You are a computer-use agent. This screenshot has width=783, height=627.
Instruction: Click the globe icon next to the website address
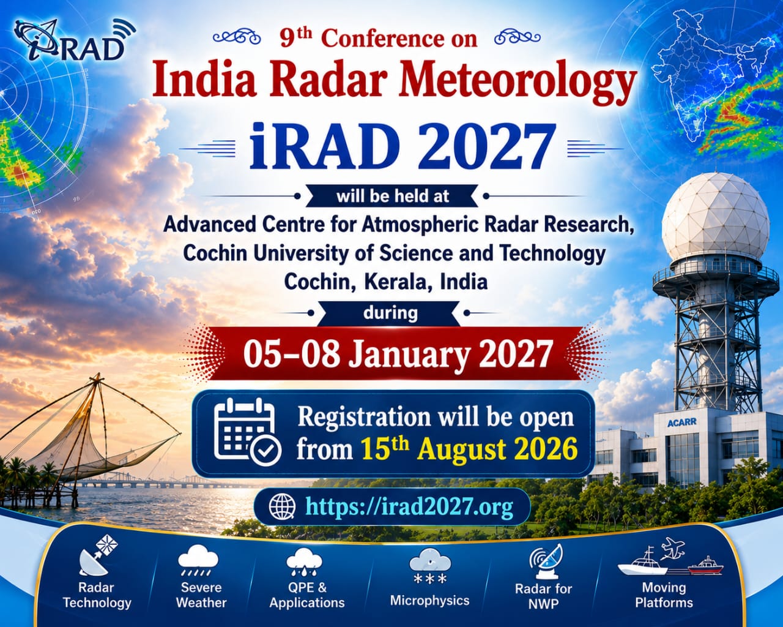(x=282, y=506)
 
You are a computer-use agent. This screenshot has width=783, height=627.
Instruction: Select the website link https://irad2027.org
(x=409, y=506)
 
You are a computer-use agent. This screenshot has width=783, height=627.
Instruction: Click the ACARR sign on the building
(x=682, y=422)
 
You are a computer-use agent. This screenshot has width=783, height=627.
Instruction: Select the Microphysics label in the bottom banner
(x=429, y=600)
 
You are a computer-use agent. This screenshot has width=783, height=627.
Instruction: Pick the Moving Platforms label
(x=664, y=595)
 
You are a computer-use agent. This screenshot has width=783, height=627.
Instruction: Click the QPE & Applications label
(x=307, y=595)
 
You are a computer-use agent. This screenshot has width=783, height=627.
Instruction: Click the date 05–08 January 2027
(x=396, y=353)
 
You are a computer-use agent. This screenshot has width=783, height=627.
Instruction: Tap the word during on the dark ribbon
(x=390, y=313)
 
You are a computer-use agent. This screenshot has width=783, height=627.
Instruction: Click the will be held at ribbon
(x=392, y=197)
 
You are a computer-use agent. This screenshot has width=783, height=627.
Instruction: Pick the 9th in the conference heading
(x=296, y=37)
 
